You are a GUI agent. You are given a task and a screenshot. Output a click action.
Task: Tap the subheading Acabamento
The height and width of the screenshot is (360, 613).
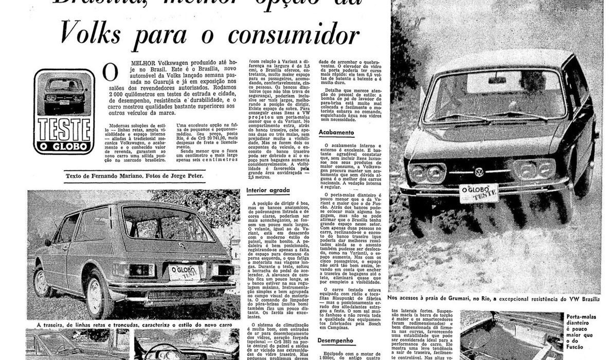[336, 132]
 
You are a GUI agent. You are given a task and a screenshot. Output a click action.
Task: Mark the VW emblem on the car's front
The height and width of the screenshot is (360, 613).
[478, 172]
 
